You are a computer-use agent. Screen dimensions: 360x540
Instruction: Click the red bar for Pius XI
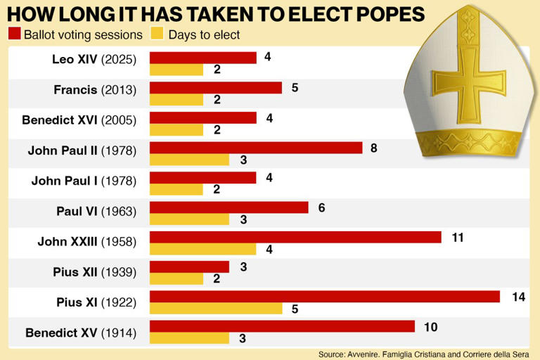[x=324, y=297]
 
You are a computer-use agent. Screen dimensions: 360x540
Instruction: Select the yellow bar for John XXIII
[x=202, y=249]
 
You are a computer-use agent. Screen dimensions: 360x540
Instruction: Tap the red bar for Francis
[x=215, y=88]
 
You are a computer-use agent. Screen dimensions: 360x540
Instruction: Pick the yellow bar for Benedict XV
[x=189, y=339]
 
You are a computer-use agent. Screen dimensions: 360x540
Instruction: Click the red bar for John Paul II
[x=256, y=148]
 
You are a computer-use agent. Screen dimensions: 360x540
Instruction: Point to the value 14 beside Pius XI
[x=519, y=297]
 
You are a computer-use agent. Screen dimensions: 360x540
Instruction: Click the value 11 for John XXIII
[x=458, y=238]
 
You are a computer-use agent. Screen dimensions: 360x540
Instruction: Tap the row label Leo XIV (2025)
[x=94, y=58]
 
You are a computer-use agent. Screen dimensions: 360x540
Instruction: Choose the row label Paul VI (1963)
[x=96, y=210]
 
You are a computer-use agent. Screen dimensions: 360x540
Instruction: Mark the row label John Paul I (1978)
[x=84, y=181]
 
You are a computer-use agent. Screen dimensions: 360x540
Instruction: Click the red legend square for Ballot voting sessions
[x=14, y=34]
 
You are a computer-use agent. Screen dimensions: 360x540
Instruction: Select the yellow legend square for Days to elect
[x=156, y=34]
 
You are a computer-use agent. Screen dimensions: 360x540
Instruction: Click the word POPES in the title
[x=380, y=13]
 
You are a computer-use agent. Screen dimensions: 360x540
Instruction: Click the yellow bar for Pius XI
[x=216, y=309]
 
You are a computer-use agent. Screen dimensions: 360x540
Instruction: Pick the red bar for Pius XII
[x=189, y=267]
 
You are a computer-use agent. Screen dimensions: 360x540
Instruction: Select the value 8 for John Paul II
[x=374, y=148]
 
